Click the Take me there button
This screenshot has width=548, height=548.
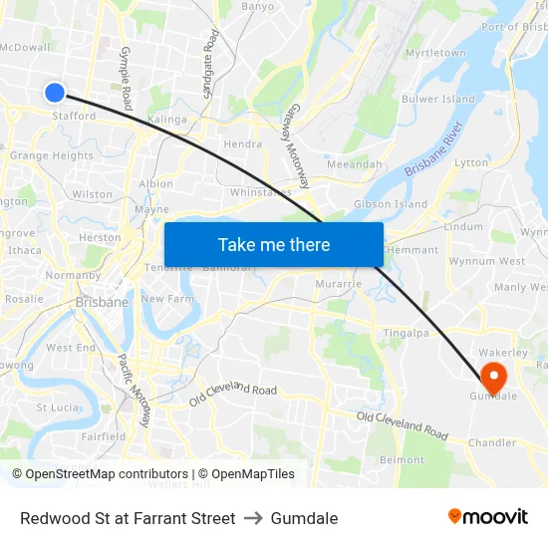[274, 244]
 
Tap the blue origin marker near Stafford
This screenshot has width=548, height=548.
[55, 93]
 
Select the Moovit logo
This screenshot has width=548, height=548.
[488, 517]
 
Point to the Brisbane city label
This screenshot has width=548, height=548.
[102, 302]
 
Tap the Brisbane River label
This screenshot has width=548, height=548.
[434, 150]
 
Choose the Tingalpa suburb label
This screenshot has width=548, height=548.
[406, 333]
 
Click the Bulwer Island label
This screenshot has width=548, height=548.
[438, 100]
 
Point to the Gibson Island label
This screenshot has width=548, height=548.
[391, 204]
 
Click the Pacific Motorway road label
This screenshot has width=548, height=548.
[135, 391]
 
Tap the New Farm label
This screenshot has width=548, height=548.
[165, 299]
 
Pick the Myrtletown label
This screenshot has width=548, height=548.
[435, 53]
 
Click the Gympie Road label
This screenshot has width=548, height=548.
[126, 77]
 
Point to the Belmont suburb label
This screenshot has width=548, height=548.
[402, 459]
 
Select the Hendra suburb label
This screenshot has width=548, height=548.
[243, 144]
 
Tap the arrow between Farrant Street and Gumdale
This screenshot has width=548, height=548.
[252, 518]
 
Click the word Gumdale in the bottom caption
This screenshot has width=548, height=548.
[305, 518]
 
